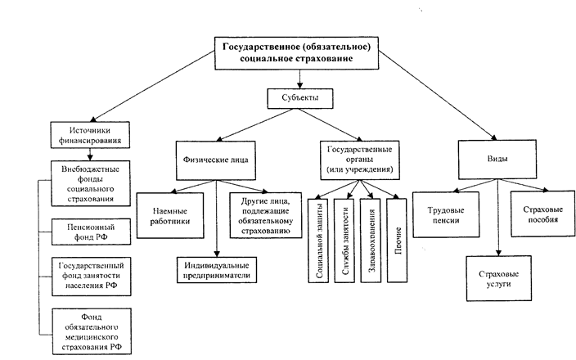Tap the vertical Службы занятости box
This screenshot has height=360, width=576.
(x=347, y=239)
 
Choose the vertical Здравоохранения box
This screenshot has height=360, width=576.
(x=371, y=239)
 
